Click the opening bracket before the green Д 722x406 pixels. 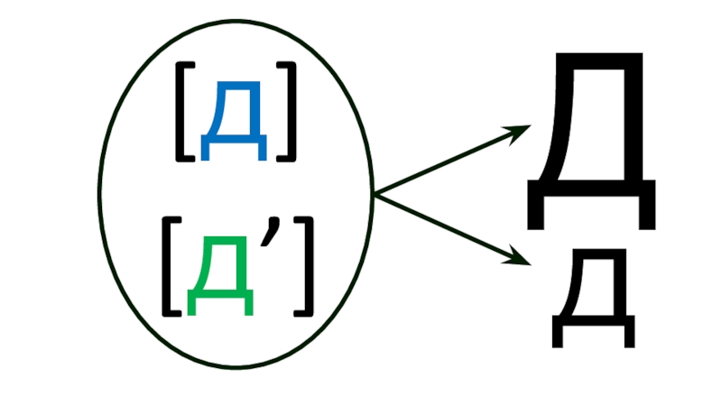pyautogui.click(x=170, y=274)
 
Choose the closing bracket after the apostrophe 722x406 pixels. pyautogui.click(x=305, y=274)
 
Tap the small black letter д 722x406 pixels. pyautogui.click(x=593, y=302)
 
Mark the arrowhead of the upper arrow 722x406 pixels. pyautogui.click(x=522, y=132)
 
